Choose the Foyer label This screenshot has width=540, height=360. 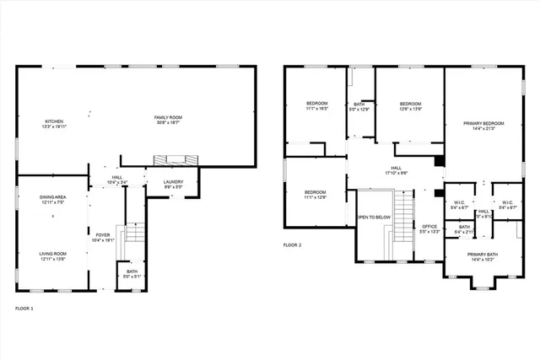point(101,238)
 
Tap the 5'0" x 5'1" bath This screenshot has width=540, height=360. point(132,272)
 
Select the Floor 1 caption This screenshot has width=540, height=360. point(24,309)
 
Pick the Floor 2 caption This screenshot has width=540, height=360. point(293,244)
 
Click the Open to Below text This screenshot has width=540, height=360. point(373,217)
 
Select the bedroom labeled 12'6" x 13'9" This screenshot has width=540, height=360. point(409,106)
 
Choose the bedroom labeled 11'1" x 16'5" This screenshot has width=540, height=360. point(316,106)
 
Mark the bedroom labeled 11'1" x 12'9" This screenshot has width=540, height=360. point(315,195)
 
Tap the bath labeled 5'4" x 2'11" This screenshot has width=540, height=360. point(464,229)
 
